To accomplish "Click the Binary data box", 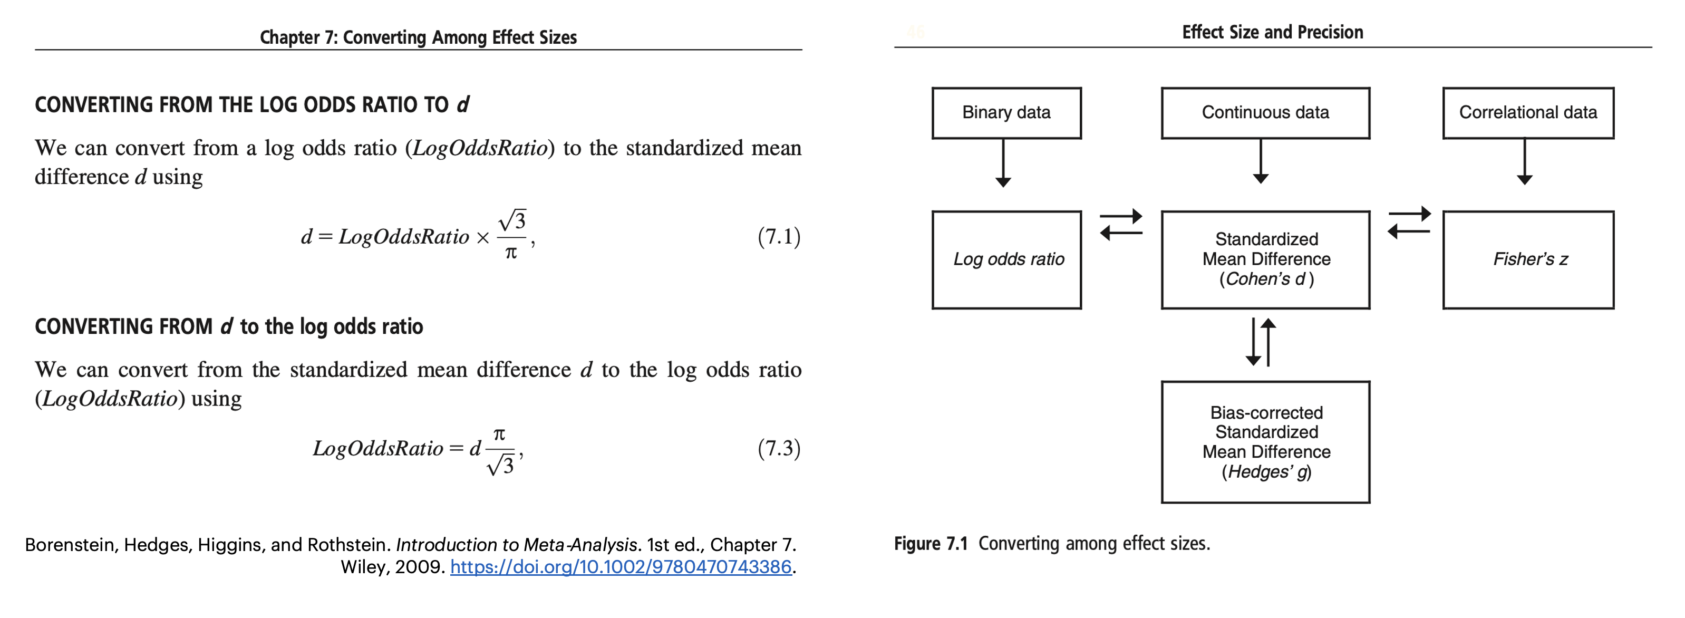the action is pyautogui.click(x=1006, y=112).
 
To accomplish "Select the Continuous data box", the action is pyautogui.click(x=1265, y=112).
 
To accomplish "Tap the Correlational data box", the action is pyautogui.click(x=1528, y=112).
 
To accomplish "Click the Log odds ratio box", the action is pyautogui.click(x=1006, y=259).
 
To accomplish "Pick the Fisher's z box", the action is pyautogui.click(x=1528, y=259).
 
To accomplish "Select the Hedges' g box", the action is pyautogui.click(x=1265, y=442).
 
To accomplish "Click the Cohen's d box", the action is pyautogui.click(x=1265, y=259).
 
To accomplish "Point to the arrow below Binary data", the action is pyautogui.click(x=1003, y=163).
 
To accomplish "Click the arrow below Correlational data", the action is pyautogui.click(x=1525, y=161).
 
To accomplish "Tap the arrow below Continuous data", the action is pyautogui.click(x=1261, y=161).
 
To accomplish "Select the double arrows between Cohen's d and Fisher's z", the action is pyautogui.click(x=1409, y=223).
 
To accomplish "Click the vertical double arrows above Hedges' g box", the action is pyautogui.click(x=1261, y=341).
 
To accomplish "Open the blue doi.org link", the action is pyautogui.click(x=621, y=567).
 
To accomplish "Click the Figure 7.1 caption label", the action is pyautogui.click(x=931, y=544).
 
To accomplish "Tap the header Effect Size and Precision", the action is pyautogui.click(x=1272, y=32).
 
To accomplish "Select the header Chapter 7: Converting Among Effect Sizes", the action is pyautogui.click(x=418, y=37).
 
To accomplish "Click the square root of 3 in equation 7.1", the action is pyautogui.click(x=511, y=220).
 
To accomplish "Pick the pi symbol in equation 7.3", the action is pyautogui.click(x=499, y=435).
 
